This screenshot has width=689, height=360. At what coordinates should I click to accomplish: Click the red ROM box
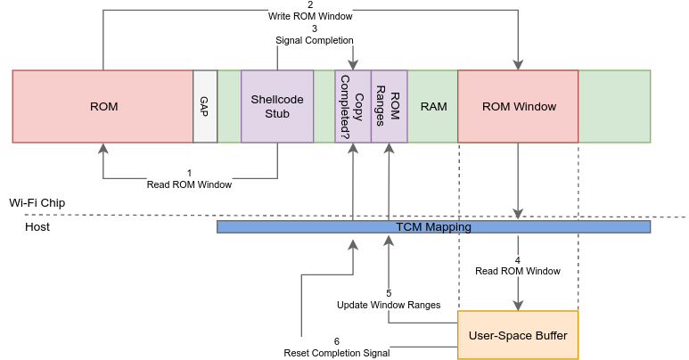103,107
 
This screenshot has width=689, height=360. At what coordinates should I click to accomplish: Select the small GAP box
205,107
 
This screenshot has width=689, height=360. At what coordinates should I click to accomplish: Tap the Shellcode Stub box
277,107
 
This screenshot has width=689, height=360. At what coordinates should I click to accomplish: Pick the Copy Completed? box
353,107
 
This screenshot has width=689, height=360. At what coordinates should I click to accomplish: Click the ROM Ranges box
390,107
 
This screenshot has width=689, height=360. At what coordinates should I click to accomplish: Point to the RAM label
433,107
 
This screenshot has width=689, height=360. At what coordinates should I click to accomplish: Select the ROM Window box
519,107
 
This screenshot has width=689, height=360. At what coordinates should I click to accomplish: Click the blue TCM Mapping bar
433,227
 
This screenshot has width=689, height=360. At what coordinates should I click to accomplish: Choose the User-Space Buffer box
518,335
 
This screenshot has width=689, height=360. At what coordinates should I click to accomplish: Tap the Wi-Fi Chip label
37,203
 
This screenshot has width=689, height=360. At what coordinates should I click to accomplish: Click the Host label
37,227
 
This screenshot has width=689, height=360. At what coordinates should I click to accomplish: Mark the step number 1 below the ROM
189,172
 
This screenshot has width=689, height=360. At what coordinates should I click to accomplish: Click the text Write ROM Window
310,16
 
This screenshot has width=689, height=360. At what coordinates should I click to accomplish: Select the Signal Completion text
315,40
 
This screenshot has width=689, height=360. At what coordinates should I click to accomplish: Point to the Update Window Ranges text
389,305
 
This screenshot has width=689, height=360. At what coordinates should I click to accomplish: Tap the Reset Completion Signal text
337,353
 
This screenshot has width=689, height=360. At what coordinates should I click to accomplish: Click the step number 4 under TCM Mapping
518,260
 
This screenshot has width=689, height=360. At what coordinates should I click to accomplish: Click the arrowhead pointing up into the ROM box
103,148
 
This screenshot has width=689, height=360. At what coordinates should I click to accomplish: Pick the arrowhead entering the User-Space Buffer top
518,305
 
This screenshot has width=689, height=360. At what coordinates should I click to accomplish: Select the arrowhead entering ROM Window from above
518,65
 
